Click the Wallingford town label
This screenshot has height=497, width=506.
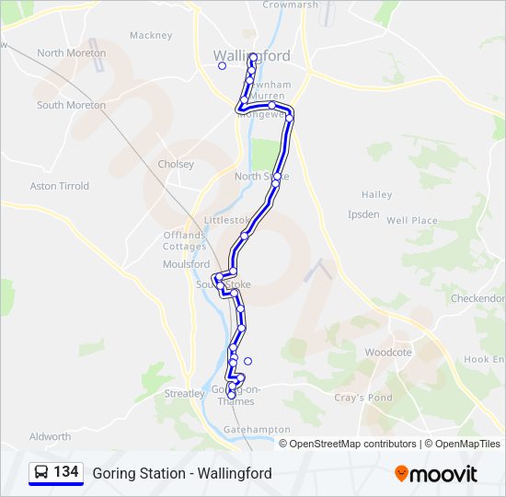[x=251, y=55]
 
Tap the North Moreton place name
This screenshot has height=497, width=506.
[x=71, y=53]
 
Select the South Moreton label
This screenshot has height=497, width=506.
[x=71, y=106]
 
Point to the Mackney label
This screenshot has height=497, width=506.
[x=151, y=36]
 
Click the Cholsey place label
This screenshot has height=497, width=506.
[x=176, y=165]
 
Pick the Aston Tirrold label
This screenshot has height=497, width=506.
[x=60, y=186]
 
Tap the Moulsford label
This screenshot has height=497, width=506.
[x=186, y=264]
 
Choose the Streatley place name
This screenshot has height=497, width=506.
[x=184, y=394]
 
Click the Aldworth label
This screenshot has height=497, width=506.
[x=50, y=437]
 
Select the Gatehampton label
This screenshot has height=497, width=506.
[x=256, y=430]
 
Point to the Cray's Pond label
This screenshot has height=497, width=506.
[x=362, y=399]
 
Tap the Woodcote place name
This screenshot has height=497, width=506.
[x=388, y=353]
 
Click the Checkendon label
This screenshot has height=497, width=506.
[x=477, y=299]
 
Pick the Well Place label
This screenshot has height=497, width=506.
[x=411, y=221]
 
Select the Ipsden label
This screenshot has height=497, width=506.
[x=362, y=214]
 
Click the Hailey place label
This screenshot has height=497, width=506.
[x=376, y=195]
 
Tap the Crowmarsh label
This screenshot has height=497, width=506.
[x=290, y=5]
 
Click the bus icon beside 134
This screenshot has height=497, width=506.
[x=41, y=473]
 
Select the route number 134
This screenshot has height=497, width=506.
[x=66, y=472]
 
